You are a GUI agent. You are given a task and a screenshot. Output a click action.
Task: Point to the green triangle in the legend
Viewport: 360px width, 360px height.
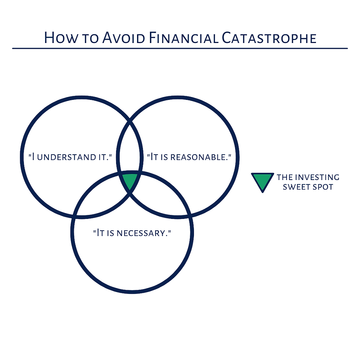pyautogui.click(x=262, y=181)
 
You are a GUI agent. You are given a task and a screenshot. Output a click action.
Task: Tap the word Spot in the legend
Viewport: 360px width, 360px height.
pyautogui.click(x=323, y=187)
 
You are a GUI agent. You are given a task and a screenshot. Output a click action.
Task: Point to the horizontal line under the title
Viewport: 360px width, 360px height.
pyautogui.click(x=180, y=48)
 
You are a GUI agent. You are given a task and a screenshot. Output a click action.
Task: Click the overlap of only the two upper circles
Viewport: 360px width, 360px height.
pyautogui.click(x=130, y=147)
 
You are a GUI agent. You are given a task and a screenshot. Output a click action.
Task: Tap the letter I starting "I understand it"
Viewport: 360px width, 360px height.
pyautogui.click(x=33, y=157)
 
